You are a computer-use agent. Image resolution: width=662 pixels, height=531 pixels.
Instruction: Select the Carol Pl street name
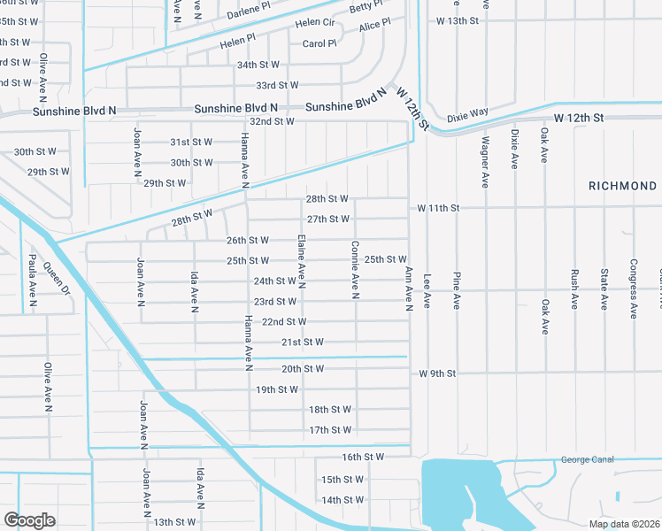click(319, 43)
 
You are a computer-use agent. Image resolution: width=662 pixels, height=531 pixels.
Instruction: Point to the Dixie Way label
click(467, 114)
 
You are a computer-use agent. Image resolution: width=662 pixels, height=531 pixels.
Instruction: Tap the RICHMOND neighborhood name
click(623, 186)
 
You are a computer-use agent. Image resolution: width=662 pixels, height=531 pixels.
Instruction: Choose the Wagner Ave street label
click(485, 162)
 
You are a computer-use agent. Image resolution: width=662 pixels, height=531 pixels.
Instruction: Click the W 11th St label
click(439, 208)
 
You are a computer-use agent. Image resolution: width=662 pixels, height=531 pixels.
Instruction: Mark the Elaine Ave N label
click(302, 261)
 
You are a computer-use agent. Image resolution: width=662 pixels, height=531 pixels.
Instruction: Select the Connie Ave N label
click(355, 269)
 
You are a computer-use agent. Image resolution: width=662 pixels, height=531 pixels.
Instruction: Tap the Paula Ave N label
click(33, 281)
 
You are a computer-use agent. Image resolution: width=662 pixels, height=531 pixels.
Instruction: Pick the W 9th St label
click(437, 373)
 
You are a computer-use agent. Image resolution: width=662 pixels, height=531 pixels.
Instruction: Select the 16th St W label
click(363, 457)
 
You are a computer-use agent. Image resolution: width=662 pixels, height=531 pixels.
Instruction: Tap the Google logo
click(29, 520)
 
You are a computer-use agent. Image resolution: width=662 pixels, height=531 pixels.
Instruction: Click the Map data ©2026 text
click(624, 524)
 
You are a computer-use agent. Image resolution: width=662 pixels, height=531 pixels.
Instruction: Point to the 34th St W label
click(258, 65)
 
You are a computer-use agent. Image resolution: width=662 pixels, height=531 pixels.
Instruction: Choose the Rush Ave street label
click(574, 289)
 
